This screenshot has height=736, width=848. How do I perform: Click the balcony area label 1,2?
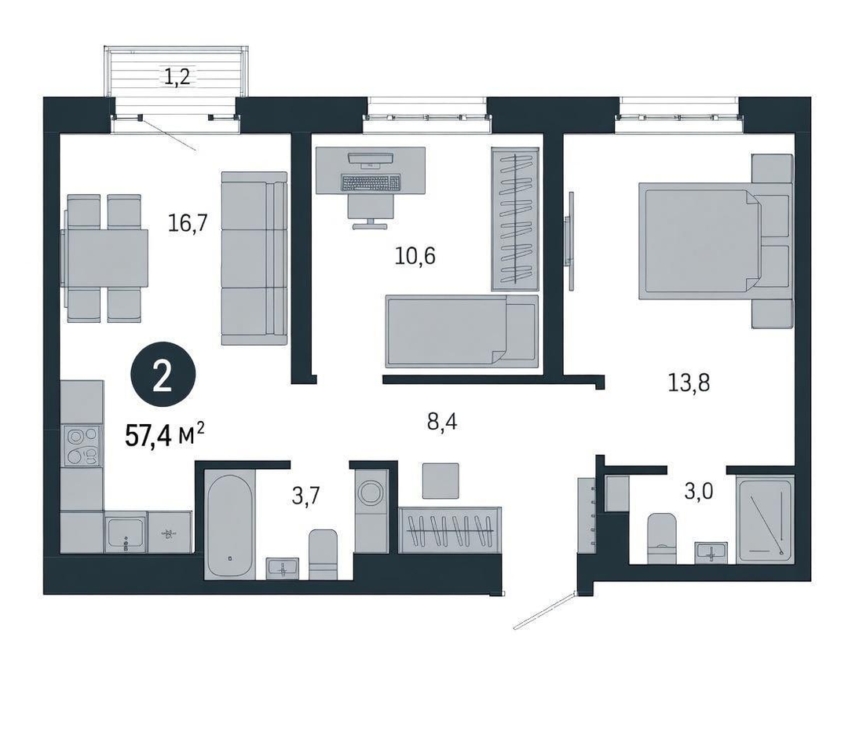point(177,78)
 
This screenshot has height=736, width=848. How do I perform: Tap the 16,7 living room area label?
point(188,222)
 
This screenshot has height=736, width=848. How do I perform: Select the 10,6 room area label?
point(415,255)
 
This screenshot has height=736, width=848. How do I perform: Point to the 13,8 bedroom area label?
point(689,383)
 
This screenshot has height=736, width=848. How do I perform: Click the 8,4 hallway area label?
point(442,421)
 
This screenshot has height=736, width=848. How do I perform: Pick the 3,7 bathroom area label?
point(306,495)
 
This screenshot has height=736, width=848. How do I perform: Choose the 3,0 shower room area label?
point(699,491)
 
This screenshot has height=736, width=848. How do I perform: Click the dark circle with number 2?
point(163,377)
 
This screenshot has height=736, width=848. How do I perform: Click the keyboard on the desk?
point(371,182)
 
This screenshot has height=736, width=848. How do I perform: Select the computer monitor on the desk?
point(371,158)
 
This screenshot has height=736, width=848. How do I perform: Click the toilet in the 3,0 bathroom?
point(661,538)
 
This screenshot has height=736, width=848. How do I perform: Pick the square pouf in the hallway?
point(440,481)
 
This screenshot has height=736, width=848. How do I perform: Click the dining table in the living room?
point(106,258)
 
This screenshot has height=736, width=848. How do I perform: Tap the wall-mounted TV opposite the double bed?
point(569,241)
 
